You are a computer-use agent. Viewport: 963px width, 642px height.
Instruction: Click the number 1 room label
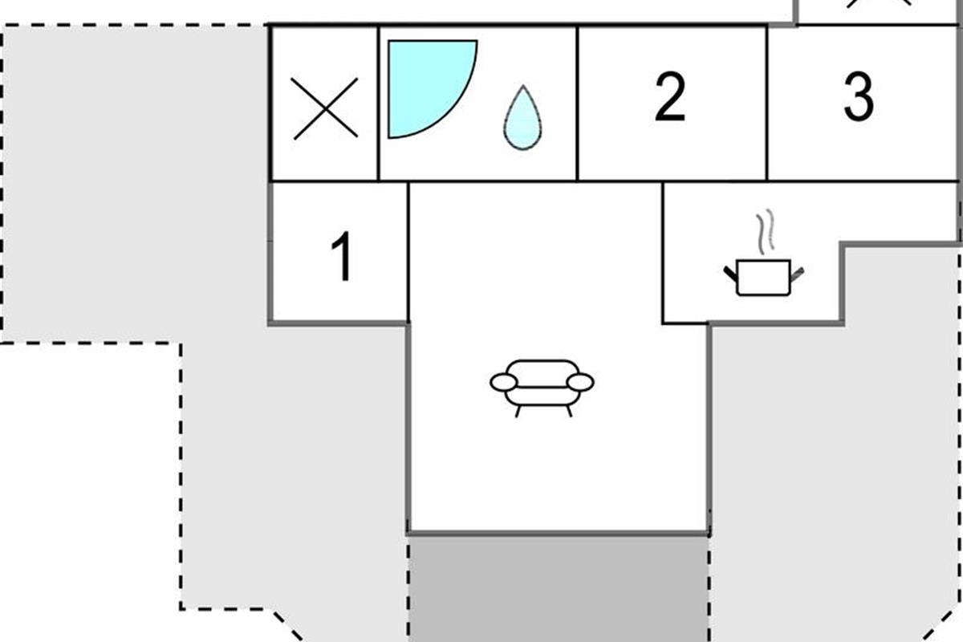(342, 257)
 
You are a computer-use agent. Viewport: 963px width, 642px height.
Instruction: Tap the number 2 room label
(670, 98)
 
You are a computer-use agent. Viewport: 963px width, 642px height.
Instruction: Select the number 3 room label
(858, 98)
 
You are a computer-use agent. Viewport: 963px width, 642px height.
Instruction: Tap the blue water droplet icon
(522, 119)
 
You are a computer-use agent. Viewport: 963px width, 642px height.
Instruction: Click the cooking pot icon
(762, 278)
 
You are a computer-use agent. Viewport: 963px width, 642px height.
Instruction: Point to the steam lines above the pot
(766, 230)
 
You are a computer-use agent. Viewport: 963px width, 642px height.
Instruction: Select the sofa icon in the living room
(542, 385)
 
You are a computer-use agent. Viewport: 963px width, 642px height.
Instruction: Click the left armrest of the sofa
(503, 383)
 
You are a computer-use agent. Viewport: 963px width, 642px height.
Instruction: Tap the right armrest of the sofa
(581, 383)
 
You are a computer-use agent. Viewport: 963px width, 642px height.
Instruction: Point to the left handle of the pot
(731, 274)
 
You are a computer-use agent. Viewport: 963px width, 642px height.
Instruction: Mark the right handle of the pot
(796, 274)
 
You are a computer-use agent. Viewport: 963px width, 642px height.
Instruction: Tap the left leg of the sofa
(518, 411)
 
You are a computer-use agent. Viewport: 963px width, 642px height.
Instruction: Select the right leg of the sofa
(568, 411)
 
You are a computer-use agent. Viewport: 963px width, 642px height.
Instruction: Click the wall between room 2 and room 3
(767, 103)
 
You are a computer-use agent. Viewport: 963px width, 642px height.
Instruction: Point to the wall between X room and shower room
(378, 103)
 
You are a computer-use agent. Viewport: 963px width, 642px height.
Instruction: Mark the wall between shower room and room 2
(577, 103)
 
